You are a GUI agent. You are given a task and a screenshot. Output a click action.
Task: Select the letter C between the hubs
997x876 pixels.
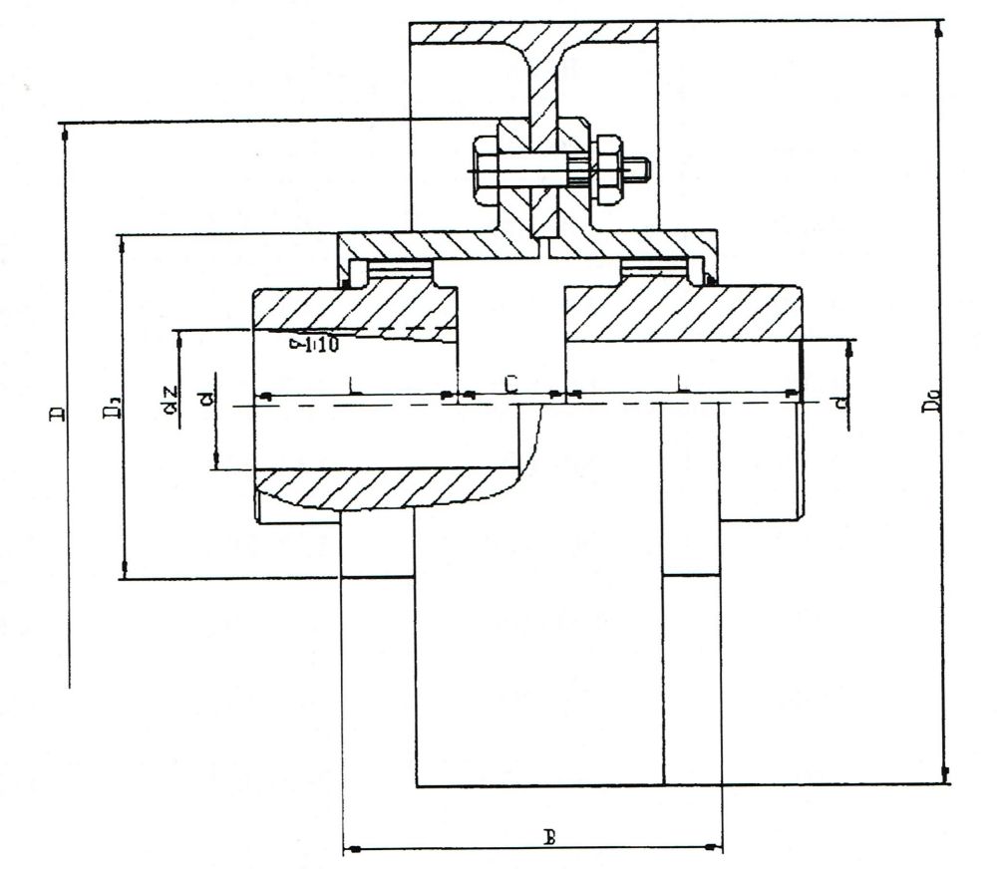coord(509,384)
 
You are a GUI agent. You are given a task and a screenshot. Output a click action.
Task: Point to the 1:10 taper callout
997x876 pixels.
coord(316,345)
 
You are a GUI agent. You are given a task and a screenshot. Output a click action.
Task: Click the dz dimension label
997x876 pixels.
coord(170,400)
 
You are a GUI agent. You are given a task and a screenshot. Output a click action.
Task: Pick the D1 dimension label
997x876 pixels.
coord(116,406)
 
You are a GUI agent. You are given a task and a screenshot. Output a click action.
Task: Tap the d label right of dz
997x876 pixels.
coord(206,399)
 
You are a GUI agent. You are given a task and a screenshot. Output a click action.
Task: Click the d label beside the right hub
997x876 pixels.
coord(842,402)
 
